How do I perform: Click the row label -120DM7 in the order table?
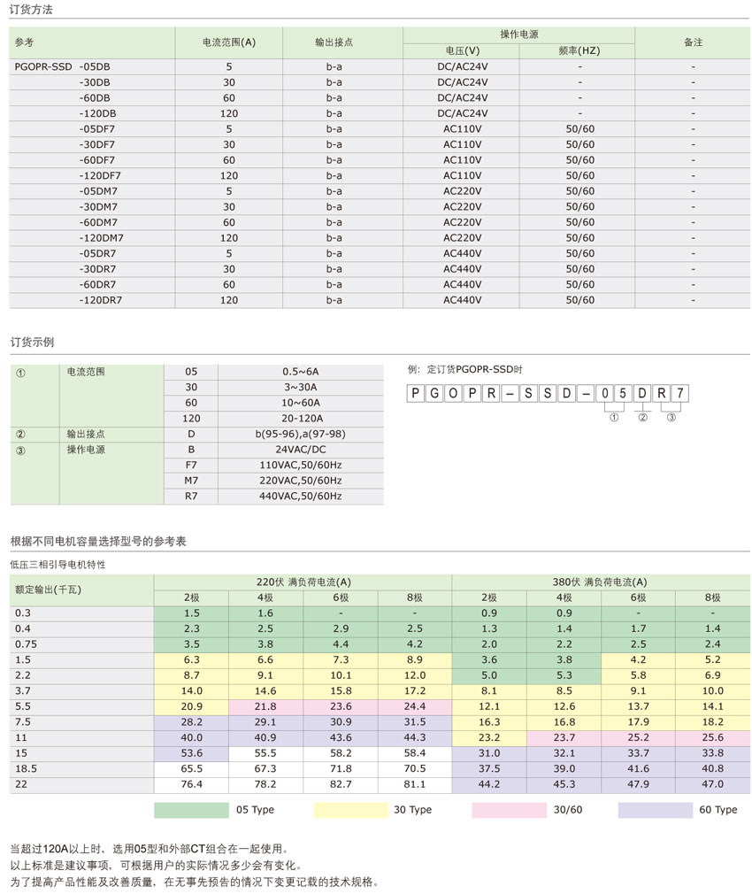[x=101, y=237]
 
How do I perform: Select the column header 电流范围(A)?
[x=228, y=42]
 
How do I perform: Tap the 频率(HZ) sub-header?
[x=579, y=50]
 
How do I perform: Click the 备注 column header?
[x=693, y=42]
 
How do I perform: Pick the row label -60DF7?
[x=96, y=159]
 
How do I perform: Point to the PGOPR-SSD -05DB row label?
[x=63, y=66]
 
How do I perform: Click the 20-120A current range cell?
[x=301, y=418]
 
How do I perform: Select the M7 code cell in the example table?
[x=191, y=480]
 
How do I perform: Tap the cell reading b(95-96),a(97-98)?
[x=301, y=434]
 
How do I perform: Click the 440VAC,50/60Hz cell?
[x=301, y=496]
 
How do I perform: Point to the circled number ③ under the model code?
[x=671, y=417]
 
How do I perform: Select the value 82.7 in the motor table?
[x=340, y=783]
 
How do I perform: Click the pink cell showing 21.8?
[x=265, y=705]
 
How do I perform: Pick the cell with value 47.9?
[x=637, y=783]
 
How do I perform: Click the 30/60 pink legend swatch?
[x=509, y=809]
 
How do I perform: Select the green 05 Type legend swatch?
[x=191, y=809]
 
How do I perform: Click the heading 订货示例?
[x=33, y=341]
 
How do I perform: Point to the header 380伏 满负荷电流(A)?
[x=600, y=582]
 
